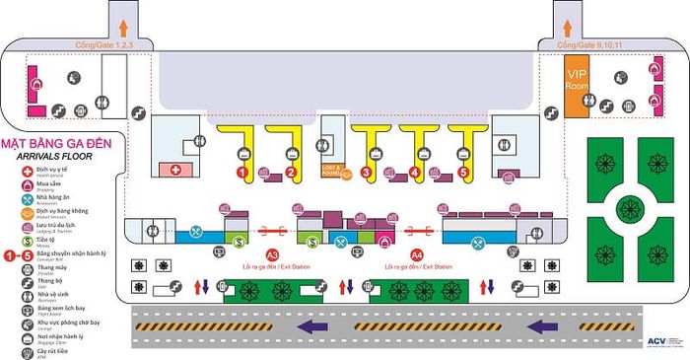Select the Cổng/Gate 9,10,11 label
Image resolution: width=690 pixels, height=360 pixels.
(582, 46)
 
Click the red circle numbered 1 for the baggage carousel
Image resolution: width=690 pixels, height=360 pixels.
(241, 172)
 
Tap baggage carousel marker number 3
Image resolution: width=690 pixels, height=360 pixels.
(366, 172)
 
